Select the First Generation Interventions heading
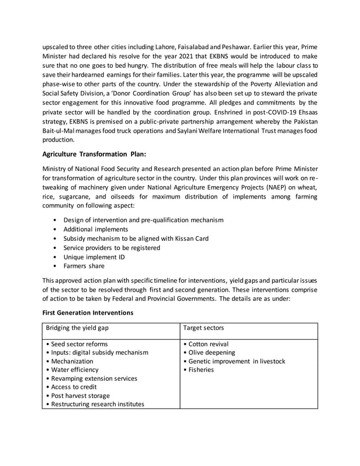pyautogui.click(x=87, y=312)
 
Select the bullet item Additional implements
pyautogui.click(x=95, y=229)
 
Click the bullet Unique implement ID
pyautogui.click(x=94, y=257)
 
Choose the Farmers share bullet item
pyautogui.click(x=84, y=266)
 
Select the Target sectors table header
pyautogui.click(x=204, y=327)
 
